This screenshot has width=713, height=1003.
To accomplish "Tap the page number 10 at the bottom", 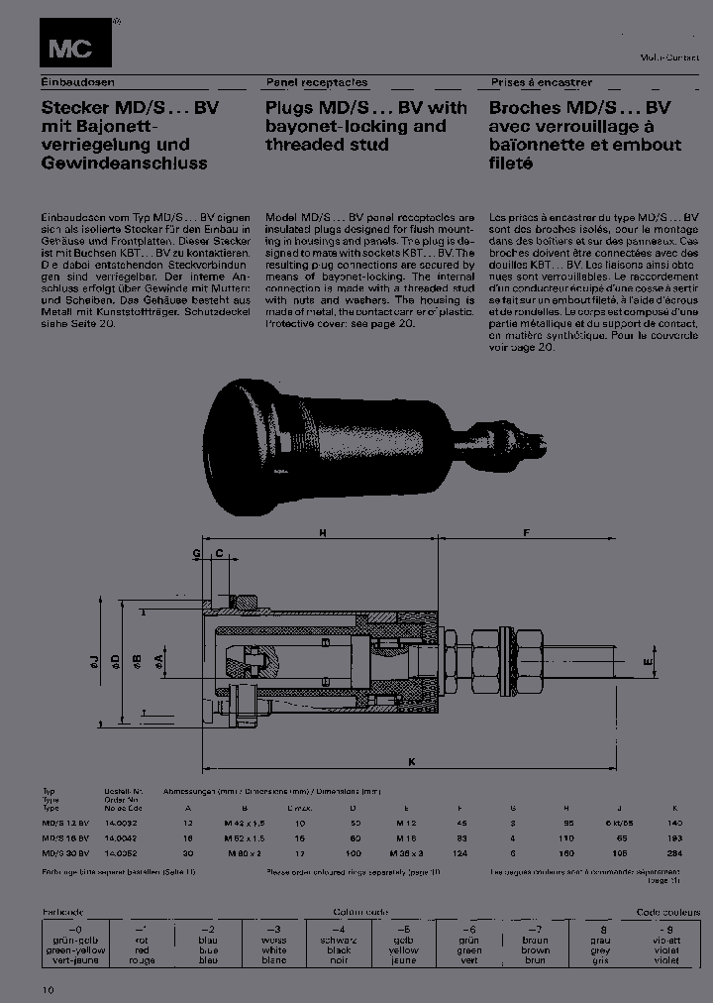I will [x=49, y=989].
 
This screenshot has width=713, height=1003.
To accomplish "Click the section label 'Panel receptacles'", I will [x=316, y=83].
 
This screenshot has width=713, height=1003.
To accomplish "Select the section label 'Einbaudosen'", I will [x=74, y=83].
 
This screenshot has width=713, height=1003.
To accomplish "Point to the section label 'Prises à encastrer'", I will [x=541, y=83].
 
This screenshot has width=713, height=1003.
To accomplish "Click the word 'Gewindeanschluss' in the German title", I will [x=124, y=163].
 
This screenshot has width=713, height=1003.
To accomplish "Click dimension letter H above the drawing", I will [x=322, y=533].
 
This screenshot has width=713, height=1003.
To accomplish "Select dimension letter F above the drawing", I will [x=527, y=533].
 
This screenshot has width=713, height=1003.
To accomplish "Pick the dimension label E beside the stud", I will [x=647, y=660].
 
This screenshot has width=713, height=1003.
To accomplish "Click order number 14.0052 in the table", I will [x=120, y=851].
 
